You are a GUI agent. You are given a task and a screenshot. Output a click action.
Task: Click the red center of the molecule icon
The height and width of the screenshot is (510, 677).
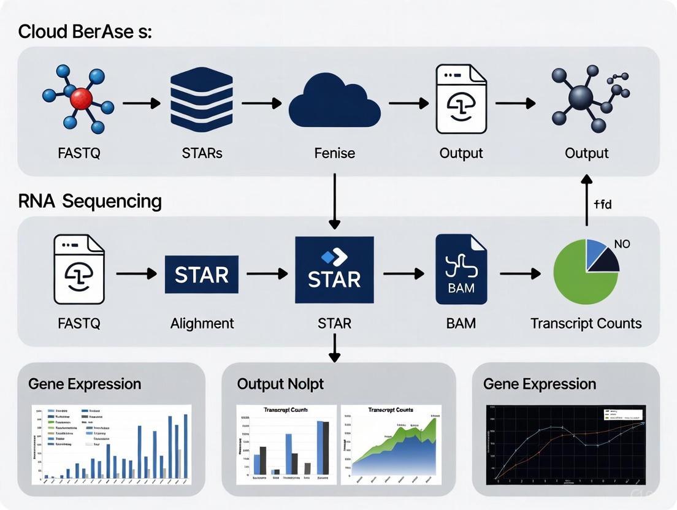[x=81, y=98]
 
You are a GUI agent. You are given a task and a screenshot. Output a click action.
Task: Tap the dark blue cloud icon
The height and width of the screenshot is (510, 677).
[x=334, y=104]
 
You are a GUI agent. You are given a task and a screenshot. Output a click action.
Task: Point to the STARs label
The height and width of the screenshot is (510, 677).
[x=202, y=153]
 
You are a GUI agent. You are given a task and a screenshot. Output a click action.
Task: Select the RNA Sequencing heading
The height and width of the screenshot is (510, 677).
[x=90, y=201]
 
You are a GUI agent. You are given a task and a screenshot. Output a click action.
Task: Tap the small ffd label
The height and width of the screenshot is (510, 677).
[x=603, y=204]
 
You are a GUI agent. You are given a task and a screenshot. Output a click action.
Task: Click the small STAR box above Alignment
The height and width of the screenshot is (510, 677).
[x=202, y=274]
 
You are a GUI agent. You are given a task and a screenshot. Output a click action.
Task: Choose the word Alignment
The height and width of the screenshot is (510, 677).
[x=202, y=323]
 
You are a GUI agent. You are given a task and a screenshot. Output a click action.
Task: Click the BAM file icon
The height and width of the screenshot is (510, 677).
[x=461, y=270]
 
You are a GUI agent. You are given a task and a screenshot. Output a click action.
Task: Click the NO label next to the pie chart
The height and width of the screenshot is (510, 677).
[x=622, y=244]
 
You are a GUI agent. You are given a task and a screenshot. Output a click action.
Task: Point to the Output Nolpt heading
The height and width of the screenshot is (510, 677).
[x=280, y=384]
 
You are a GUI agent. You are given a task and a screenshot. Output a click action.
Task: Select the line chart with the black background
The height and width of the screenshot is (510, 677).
[x=565, y=444]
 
